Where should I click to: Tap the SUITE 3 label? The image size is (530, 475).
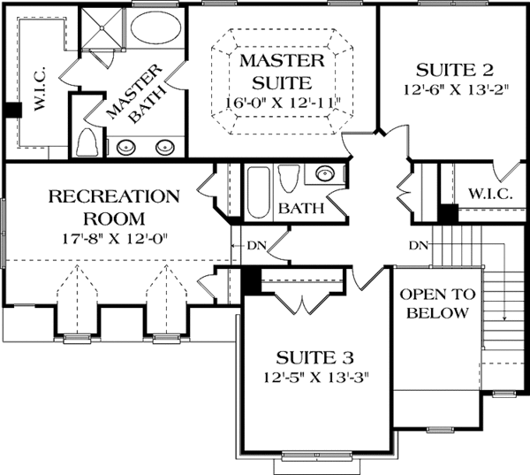click(x=314, y=358)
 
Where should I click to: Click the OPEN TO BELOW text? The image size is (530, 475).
click(x=438, y=304)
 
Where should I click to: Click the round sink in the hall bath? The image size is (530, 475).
click(x=322, y=173)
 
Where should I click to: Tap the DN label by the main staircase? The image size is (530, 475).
click(x=419, y=244)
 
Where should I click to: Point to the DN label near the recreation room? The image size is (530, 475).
click(x=251, y=246)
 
